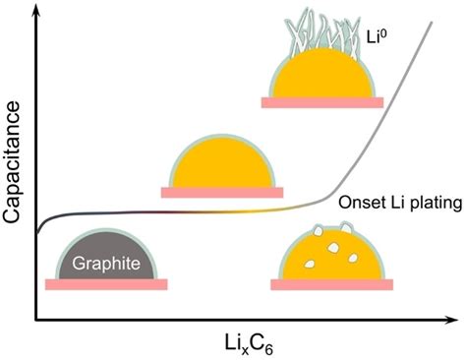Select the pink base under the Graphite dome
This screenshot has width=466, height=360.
coord(106,284)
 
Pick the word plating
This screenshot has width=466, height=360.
coord(425,202)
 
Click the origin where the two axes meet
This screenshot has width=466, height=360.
coord(36,319)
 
